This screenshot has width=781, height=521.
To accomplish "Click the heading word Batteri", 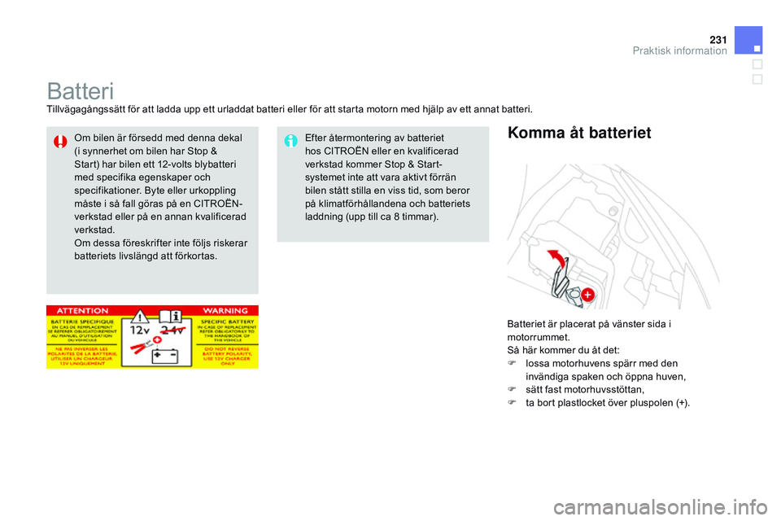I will coord(80,90).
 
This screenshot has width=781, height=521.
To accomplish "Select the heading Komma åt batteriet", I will coord(578,133).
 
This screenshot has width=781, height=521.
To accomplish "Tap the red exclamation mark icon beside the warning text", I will coord(60,142).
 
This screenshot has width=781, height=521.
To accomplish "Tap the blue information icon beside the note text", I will coord(290,142).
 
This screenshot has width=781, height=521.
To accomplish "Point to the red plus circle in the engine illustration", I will coord(587,294).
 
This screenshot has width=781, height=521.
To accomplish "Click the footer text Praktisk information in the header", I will coord(679,50).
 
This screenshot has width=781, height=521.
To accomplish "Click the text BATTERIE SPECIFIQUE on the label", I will coord(84,323).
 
